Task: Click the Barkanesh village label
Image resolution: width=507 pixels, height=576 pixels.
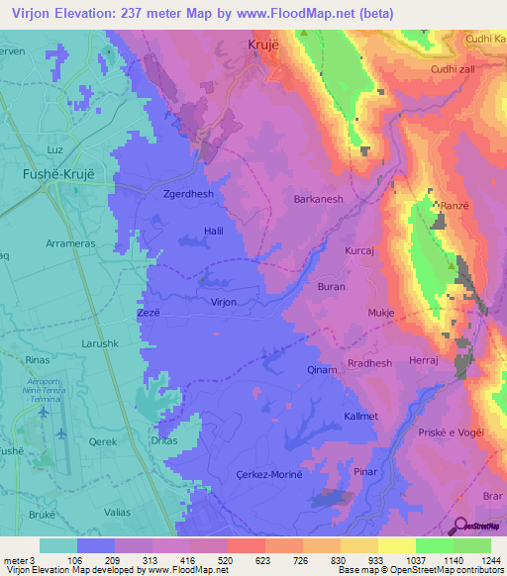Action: [x=318, y=199]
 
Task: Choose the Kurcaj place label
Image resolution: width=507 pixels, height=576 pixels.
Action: [x=358, y=252]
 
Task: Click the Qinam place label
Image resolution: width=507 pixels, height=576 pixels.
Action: [x=323, y=369]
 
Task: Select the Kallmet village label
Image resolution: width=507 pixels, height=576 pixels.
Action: [x=360, y=416]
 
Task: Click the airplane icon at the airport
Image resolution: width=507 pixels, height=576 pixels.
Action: [x=62, y=432]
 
